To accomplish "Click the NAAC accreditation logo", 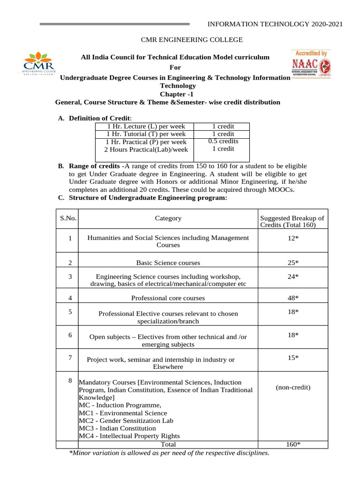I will click(x=311, y=64).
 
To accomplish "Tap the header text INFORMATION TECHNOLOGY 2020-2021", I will click(x=275, y=24).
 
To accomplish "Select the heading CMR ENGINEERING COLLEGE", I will click(x=179, y=40).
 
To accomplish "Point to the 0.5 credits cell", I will click(x=223, y=141).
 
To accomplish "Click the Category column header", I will click(x=168, y=218).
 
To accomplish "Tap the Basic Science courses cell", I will click(x=168, y=262).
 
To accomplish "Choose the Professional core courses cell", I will click(x=168, y=298).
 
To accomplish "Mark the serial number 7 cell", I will click(x=69, y=358).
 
